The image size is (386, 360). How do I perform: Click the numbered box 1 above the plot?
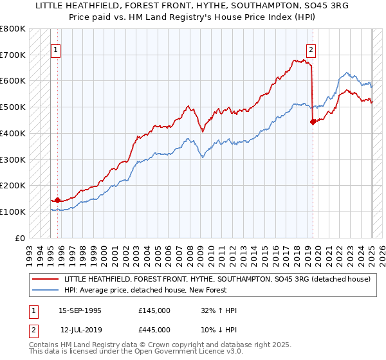tap(55, 50)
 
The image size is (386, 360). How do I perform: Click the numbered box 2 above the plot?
tap(311, 50)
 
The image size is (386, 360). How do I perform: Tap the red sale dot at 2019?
tap(313, 122)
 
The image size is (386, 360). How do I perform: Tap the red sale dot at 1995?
tap(57, 200)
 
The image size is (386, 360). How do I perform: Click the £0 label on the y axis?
tap(20, 238)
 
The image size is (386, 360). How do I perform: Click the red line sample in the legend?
tap(45, 279)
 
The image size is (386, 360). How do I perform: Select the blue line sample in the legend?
tap(45, 290)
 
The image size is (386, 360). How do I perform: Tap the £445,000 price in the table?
tap(154, 329)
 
